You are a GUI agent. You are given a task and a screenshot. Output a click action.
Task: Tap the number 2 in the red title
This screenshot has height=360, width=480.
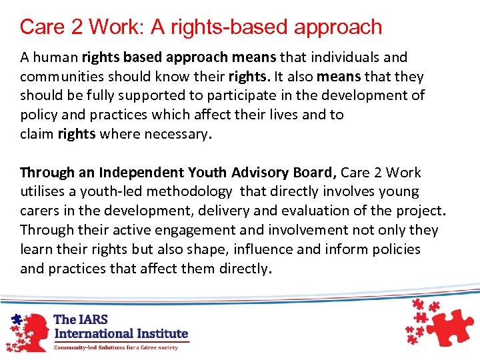click(76, 27)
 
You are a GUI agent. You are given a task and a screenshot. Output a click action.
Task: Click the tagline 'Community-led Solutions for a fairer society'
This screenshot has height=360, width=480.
click(116, 347)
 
